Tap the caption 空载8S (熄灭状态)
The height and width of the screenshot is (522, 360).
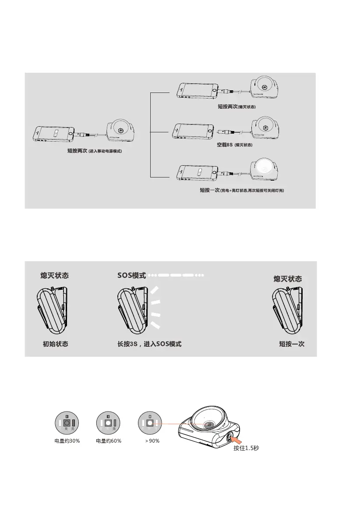pyautogui.click(x=235, y=145)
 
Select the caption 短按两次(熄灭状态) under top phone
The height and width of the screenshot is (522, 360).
pyautogui.click(x=236, y=107)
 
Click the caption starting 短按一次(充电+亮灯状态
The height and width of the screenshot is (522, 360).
pyautogui.click(x=242, y=191)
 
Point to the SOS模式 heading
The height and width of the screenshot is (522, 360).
pyautogui.click(x=131, y=276)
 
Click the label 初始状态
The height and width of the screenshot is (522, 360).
pyautogui.click(x=55, y=344)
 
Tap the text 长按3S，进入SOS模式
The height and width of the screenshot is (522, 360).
pyautogui.click(x=149, y=344)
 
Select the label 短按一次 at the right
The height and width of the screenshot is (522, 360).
pyautogui.click(x=292, y=344)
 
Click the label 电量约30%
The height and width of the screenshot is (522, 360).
pyautogui.click(x=67, y=441)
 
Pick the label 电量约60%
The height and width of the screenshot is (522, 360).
pyautogui.click(x=108, y=441)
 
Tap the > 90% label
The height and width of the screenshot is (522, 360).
pyautogui.click(x=152, y=441)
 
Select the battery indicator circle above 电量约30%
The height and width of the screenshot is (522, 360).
pyautogui.click(x=67, y=423)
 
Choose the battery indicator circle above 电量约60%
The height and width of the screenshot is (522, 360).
pyautogui.click(x=108, y=423)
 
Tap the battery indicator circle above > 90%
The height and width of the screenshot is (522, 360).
pyautogui.click(x=150, y=423)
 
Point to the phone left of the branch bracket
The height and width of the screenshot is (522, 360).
pyautogui.click(x=55, y=134)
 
